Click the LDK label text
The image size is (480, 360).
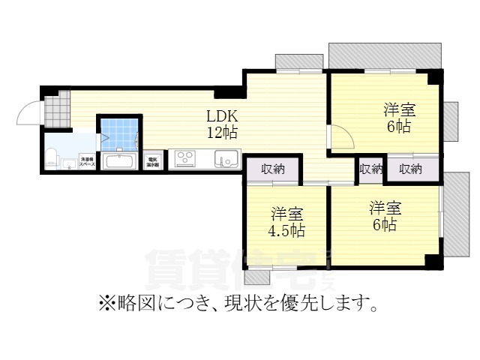click(223, 117)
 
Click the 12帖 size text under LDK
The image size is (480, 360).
click(223, 133)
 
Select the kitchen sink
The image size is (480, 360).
click(226, 159)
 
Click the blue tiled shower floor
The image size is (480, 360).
click(117, 133)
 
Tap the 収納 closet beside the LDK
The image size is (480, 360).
click(273, 169)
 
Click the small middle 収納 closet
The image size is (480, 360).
click(370, 169)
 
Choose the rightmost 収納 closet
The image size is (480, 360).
click(410, 169)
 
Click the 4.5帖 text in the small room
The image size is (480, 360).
click(286, 230)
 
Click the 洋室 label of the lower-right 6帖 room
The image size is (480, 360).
click(383, 208)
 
